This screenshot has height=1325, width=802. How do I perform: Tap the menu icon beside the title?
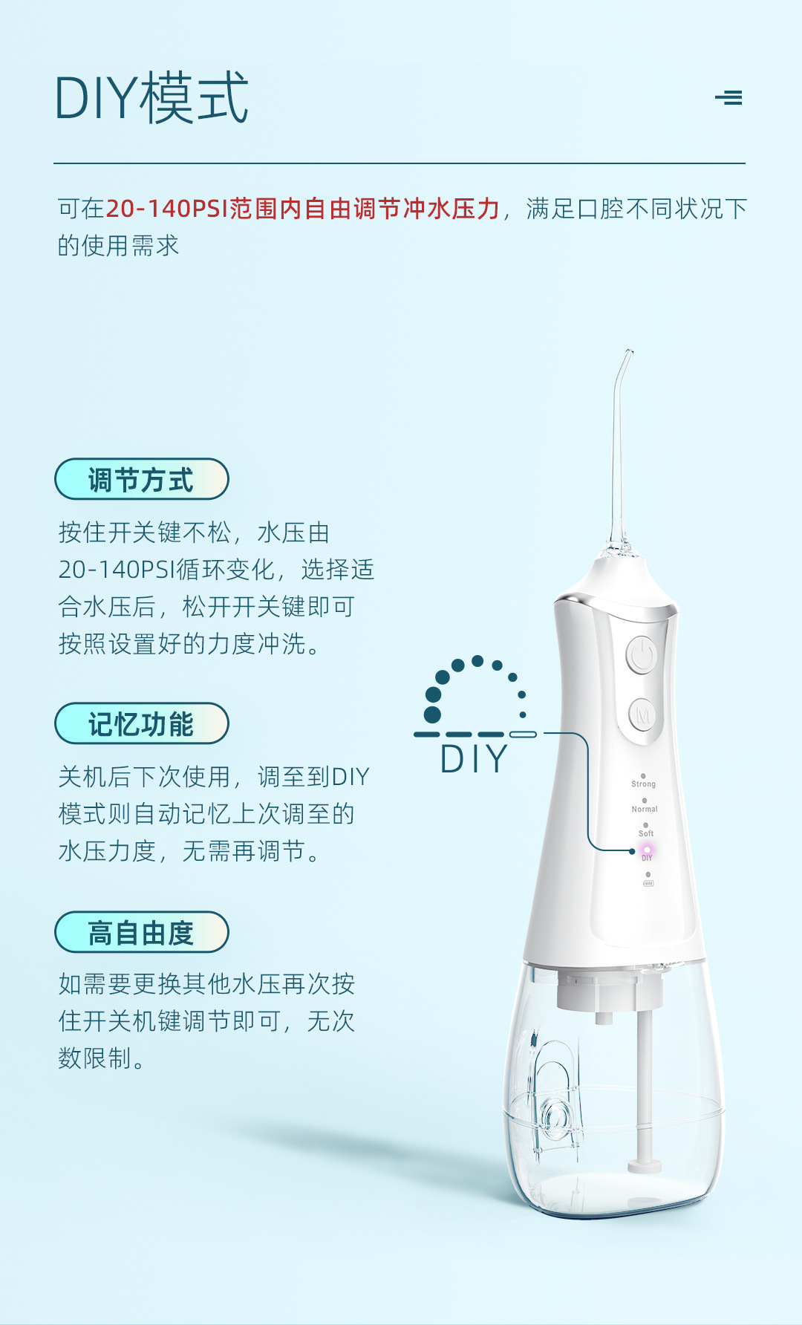tap(728, 97)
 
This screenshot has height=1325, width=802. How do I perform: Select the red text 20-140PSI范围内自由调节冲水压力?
tap(302, 209)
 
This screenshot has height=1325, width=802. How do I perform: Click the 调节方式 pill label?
tap(141, 479)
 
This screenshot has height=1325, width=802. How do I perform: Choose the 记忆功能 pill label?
tap(141, 723)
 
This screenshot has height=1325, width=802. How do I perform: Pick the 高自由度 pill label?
tap(141, 932)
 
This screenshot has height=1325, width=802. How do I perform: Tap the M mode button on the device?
tap(642, 716)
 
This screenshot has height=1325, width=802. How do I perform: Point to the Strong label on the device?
tap(643, 784)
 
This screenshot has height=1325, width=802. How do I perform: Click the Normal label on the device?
tap(645, 809)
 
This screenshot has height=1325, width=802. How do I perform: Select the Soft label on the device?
tap(646, 833)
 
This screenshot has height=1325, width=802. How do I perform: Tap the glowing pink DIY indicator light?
tap(647, 849)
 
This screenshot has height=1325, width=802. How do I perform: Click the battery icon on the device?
tap(648, 883)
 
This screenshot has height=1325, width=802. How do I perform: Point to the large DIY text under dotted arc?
tap(474, 759)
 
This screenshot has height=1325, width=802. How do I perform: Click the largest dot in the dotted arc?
tap(432, 714)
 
